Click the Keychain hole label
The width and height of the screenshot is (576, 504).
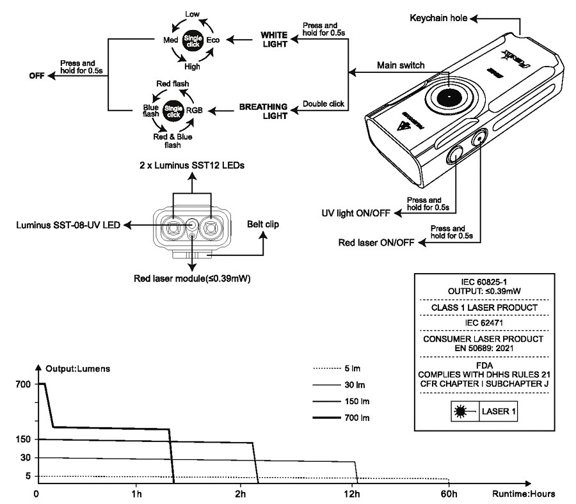pos(438,18)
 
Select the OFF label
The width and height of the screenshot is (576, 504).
pos(36,75)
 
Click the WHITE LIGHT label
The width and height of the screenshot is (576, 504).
pos(275,40)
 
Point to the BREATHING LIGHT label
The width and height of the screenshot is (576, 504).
pos(264,111)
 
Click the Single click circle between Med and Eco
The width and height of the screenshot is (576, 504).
pos(193,41)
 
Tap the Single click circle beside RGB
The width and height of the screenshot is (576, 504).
pos(173,111)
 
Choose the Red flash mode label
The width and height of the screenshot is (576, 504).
pos(173,84)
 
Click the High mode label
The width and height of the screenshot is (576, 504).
pos(192,67)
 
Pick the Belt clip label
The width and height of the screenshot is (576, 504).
pos(263,224)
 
